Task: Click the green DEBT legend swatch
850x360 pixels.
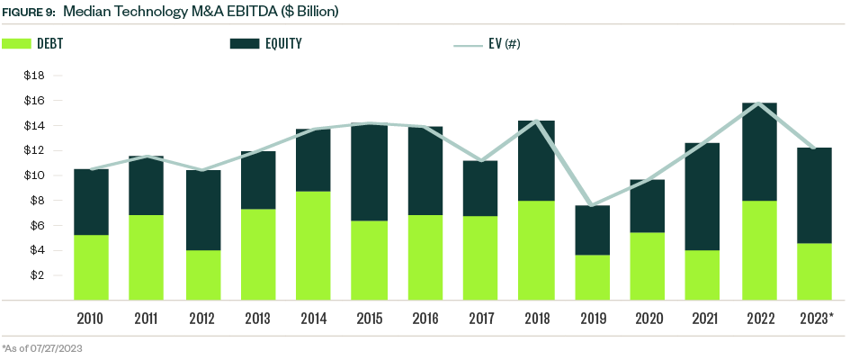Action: (17, 42)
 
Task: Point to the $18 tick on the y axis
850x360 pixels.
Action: (34, 76)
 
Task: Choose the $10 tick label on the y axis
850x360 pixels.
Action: (34, 175)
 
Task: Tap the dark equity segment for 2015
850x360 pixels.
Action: (370, 172)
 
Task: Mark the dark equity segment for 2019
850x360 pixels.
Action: (593, 229)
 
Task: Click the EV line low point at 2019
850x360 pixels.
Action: (593, 205)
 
